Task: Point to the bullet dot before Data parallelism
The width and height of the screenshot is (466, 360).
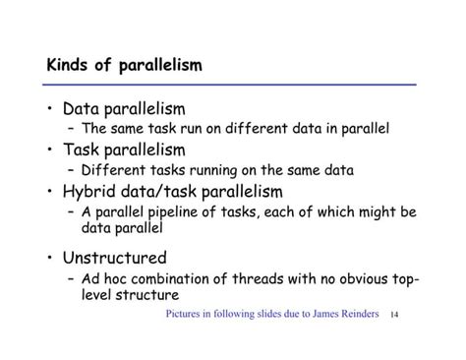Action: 50,109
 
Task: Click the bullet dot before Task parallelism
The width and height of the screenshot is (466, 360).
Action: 50,150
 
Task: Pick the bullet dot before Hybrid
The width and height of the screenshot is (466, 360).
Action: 50,191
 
